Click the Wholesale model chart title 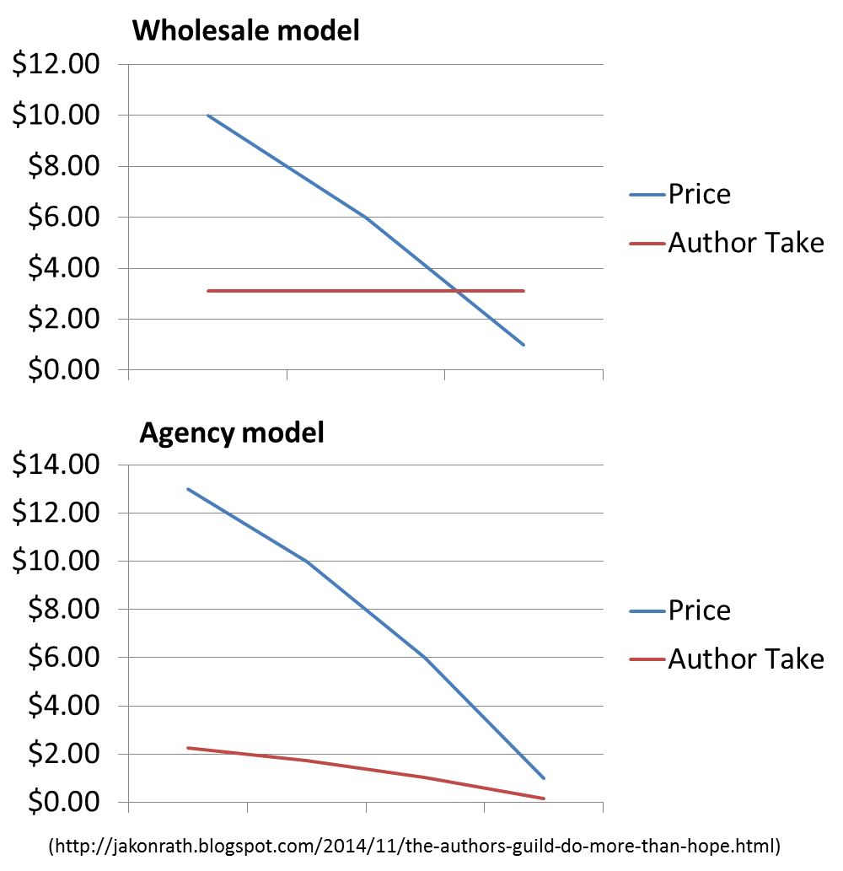click(246, 31)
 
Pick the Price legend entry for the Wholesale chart click(700, 195)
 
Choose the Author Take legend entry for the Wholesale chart click(745, 244)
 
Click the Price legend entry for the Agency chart click(700, 610)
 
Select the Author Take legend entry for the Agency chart click(745, 659)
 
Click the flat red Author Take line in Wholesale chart click(337, 291)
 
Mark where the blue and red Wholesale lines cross click(456, 291)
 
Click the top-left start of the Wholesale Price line click(208, 116)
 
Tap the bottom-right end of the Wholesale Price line click(524, 345)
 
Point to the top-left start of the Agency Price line click(189, 489)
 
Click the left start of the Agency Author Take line click(189, 748)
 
